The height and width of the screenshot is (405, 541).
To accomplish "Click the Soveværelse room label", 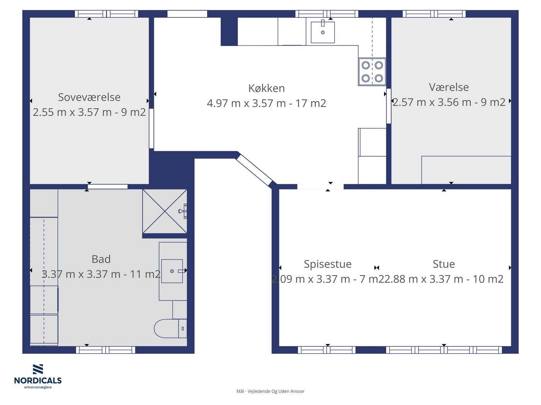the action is point(89,97).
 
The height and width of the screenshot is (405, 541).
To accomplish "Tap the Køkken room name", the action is point(266,88).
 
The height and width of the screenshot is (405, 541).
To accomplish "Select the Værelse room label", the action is point(449,87).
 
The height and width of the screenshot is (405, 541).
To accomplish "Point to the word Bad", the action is point(101,259).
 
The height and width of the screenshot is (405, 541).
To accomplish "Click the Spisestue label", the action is point(328,264).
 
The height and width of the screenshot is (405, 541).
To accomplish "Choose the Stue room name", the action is point(444,264).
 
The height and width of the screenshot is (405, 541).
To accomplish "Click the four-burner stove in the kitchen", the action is point(372,72).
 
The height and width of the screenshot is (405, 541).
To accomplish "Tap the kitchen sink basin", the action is point(323,32).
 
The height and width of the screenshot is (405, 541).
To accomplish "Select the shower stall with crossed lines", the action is point(165,211).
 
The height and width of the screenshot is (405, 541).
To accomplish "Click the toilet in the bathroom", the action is point(170,329).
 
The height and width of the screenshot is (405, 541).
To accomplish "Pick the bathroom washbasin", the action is point(172,271).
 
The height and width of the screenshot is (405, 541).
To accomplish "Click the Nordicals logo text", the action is point(38,380).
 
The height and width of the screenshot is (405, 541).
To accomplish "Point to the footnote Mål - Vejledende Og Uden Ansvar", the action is point(270,391).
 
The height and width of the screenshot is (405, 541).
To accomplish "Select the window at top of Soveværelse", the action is point(107,14).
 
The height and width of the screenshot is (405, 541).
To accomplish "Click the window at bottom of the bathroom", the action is point(105,350).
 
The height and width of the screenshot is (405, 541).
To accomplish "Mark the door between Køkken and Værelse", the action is point(389,106).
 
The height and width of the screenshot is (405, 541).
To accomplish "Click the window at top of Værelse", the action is point(434,14).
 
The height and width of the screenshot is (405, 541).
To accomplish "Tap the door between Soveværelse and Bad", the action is point(108,186).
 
